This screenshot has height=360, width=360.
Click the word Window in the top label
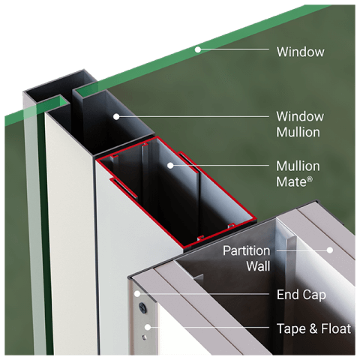300,52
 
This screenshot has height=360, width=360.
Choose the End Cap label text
301,295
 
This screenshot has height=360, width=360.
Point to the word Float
334,328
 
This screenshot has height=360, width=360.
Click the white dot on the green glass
198,50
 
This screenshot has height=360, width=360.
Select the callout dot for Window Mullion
116,116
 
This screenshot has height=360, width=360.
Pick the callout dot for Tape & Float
148,327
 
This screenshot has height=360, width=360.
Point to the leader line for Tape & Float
210,327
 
